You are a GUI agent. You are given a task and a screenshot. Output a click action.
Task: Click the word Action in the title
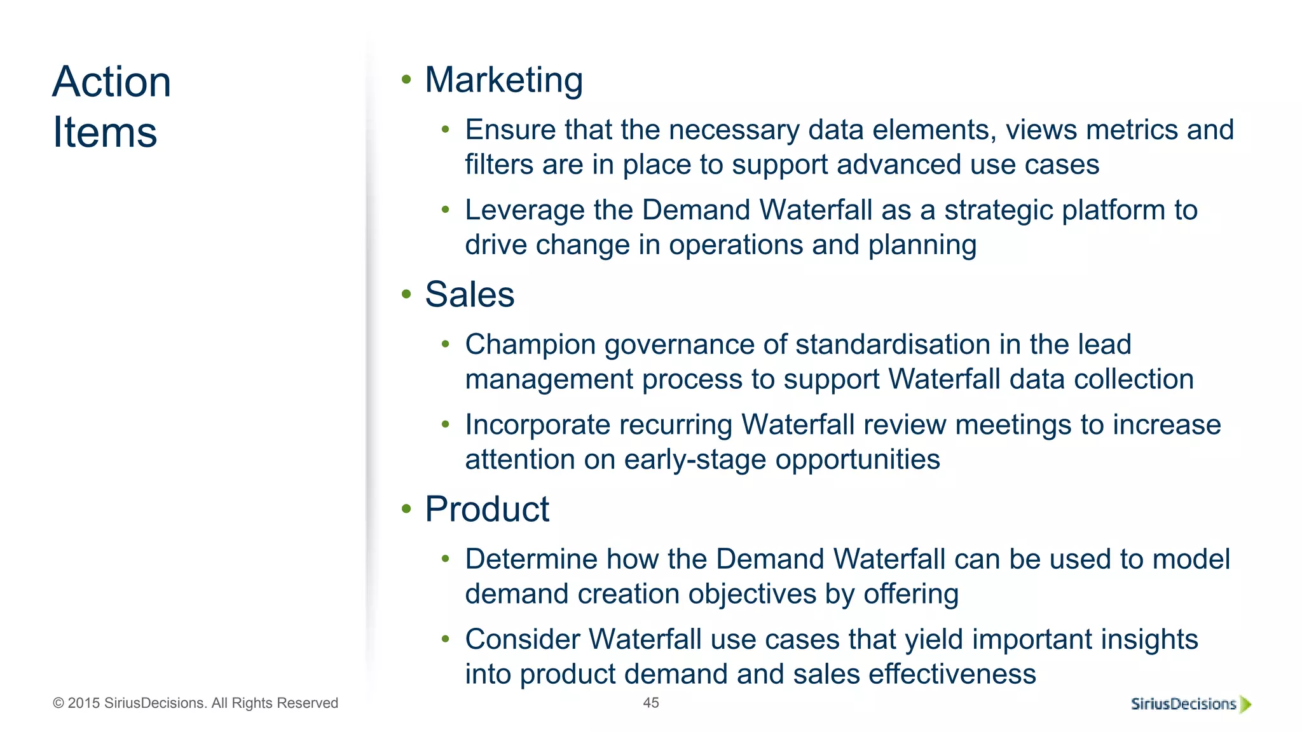click(112, 82)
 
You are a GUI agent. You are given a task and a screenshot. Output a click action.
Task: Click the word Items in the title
click(105, 132)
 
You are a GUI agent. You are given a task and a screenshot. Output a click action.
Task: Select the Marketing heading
click(504, 80)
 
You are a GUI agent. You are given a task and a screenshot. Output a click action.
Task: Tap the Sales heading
click(469, 294)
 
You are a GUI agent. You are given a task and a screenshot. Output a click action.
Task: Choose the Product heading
click(487, 509)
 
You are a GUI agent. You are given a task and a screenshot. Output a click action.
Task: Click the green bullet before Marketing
click(406, 80)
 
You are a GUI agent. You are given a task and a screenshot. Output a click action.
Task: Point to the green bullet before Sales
click(406, 294)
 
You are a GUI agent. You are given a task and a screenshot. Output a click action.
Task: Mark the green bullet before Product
click(406, 508)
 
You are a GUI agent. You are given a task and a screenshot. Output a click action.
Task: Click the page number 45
click(651, 703)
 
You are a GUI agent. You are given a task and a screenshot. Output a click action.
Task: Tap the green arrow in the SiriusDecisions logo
click(1245, 704)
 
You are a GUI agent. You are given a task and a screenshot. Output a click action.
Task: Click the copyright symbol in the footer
click(58, 703)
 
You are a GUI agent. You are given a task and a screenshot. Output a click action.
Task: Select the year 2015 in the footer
click(83, 703)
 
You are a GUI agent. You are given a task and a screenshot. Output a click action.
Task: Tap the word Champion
click(530, 345)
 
